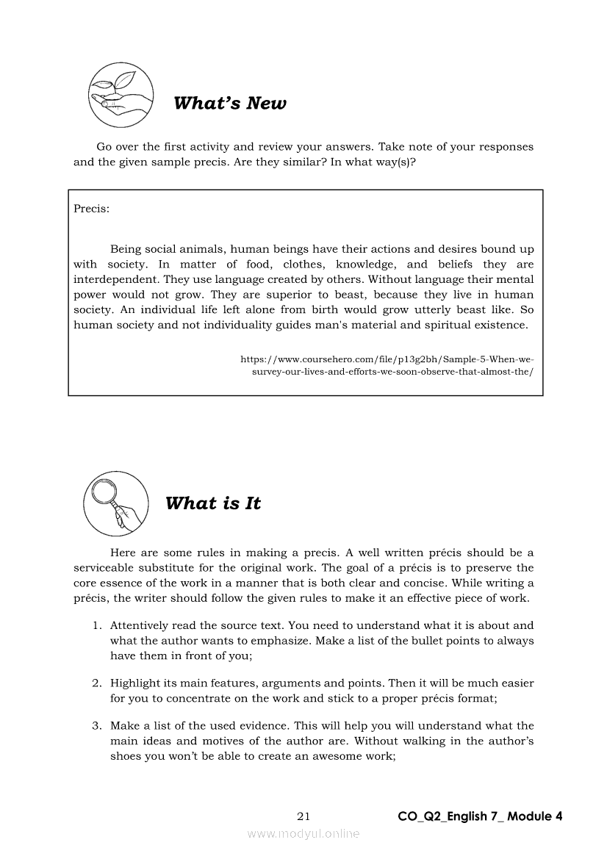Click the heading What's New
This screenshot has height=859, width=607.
coord(230,104)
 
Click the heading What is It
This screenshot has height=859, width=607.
coord(213,504)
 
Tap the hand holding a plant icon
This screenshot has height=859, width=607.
coord(121,96)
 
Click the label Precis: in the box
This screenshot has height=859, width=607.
coord(92,209)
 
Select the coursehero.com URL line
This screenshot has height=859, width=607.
coord(387,359)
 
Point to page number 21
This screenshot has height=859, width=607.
coord(304,816)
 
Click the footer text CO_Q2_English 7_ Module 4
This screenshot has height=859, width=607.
coord(480,816)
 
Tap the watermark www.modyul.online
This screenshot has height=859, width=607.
coord(303,833)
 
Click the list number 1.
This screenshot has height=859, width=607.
coord(96,625)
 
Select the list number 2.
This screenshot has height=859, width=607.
coord(96,683)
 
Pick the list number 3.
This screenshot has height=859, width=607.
coord(96,726)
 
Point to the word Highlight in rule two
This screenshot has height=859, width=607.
coord(137,683)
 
